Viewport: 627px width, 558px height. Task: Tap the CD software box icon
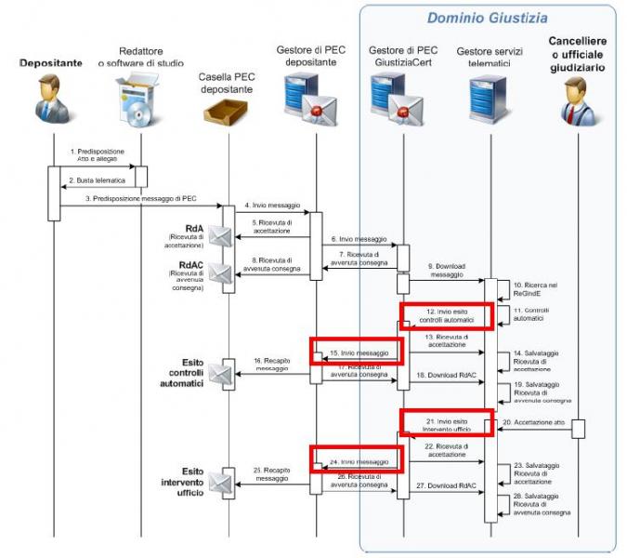[132, 101]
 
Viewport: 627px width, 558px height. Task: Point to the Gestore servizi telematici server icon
[480, 100]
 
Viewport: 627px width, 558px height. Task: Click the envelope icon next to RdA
[220, 235]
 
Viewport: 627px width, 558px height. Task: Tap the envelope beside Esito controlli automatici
[220, 373]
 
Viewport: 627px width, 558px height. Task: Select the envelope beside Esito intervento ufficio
[220, 482]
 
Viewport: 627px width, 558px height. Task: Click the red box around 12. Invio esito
[446, 315]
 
